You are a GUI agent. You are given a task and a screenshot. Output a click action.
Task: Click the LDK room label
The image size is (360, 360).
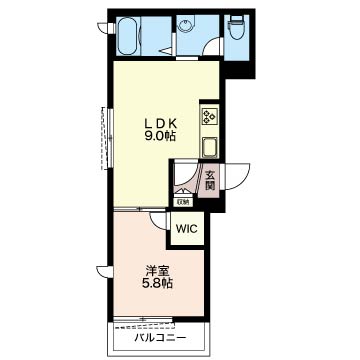click(x=160, y=124)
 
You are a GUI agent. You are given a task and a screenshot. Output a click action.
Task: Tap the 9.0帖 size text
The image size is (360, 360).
click(x=160, y=136)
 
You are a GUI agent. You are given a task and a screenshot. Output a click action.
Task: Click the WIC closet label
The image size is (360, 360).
click(x=187, y=229)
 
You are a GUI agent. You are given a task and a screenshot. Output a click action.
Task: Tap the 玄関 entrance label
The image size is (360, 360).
click(x=209, y=180)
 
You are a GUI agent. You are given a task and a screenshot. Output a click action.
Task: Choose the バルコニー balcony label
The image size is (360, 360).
click(x=160, y=338)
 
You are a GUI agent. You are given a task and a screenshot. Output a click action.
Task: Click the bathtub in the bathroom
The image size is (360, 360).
click(x=127, y=36)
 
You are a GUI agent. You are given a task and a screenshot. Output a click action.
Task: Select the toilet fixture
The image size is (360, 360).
click(x=237, y=28)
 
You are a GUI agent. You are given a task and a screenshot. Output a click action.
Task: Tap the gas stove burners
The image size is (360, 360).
click(x=209, y=114)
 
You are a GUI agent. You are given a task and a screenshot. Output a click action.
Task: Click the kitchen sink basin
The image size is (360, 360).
click(x=209, y=146)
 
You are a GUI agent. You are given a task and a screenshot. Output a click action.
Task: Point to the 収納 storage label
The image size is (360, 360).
click(x=183, y=201)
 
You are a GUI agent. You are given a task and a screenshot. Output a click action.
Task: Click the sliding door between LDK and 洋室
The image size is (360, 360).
click(x=140, y=209)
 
